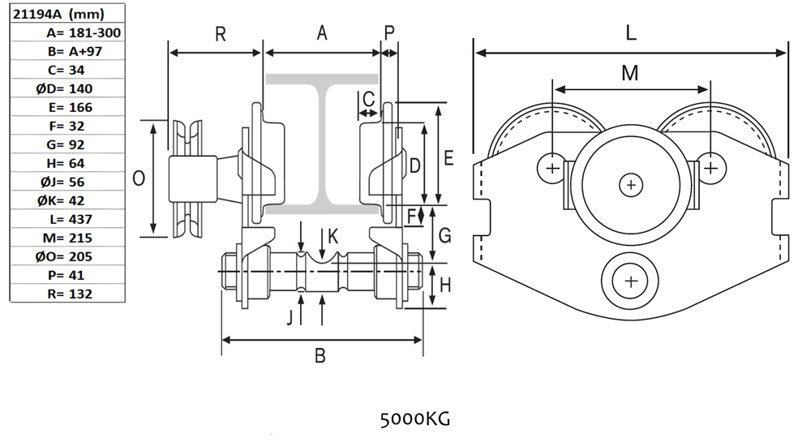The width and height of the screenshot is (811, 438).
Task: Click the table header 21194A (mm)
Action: (57, 13)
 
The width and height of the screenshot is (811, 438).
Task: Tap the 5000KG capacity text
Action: (414, 419)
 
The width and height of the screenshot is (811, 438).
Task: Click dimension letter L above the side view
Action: (631, 33)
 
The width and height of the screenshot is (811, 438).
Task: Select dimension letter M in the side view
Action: (630, 73)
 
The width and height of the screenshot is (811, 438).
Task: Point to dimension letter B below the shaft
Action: (320, 355)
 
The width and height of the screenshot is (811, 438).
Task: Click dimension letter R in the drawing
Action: (219, 34)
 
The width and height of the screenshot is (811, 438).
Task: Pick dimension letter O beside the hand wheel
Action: (139, 178)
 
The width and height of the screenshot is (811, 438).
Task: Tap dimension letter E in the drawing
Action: (448, 157)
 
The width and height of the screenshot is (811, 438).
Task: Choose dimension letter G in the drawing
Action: (444, 236)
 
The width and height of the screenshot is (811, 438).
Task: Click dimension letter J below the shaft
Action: (290, 316)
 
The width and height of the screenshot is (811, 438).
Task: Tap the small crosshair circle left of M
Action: (551, 169)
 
